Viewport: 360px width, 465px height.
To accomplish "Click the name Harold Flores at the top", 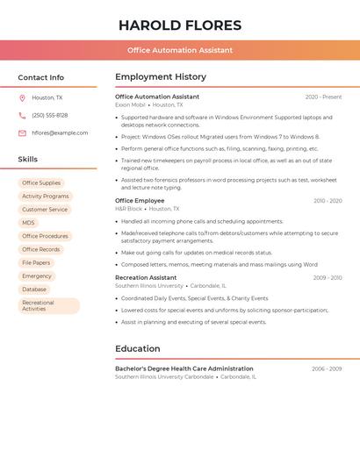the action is coord(180,25).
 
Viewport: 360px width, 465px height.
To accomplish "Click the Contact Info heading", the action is coord(40,77).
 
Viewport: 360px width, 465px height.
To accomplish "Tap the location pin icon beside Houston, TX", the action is coord(22,97).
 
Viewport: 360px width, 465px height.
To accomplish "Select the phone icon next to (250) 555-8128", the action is coord(22,115).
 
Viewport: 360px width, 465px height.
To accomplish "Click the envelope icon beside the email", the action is coord(22,133).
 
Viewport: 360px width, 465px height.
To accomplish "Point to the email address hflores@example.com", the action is coord(60,133).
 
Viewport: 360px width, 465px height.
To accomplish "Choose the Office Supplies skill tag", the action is coord(41,183).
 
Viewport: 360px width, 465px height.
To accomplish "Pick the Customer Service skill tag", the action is coord(45,210).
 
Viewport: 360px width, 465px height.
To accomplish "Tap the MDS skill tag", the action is coord(29,223).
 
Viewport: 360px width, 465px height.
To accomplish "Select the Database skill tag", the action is coord(34,289).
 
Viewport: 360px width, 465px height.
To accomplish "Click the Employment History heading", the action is coord(161,77).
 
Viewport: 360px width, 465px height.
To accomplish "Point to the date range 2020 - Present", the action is coord(323,97).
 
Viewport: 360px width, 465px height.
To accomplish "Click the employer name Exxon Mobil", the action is coord(130,104).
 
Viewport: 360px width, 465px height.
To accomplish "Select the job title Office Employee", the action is coord(140,201).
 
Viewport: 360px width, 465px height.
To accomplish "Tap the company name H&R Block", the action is coord(128,209).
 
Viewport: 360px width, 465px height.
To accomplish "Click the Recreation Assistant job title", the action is coord(146,277).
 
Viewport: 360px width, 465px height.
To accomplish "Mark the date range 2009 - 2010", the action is coord(327,278).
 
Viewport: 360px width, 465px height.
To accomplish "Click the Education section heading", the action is coord(138,348).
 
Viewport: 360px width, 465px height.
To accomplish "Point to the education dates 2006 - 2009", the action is coord(327,369).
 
